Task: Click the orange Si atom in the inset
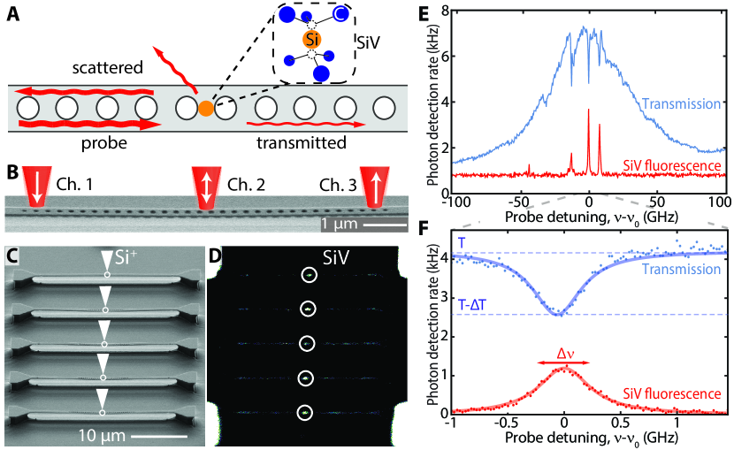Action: point(310,41)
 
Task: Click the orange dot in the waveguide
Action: point(205,108)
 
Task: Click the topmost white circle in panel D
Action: point(308,275)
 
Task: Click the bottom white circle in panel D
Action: point(306,412)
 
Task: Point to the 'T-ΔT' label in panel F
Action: point(471,305)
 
